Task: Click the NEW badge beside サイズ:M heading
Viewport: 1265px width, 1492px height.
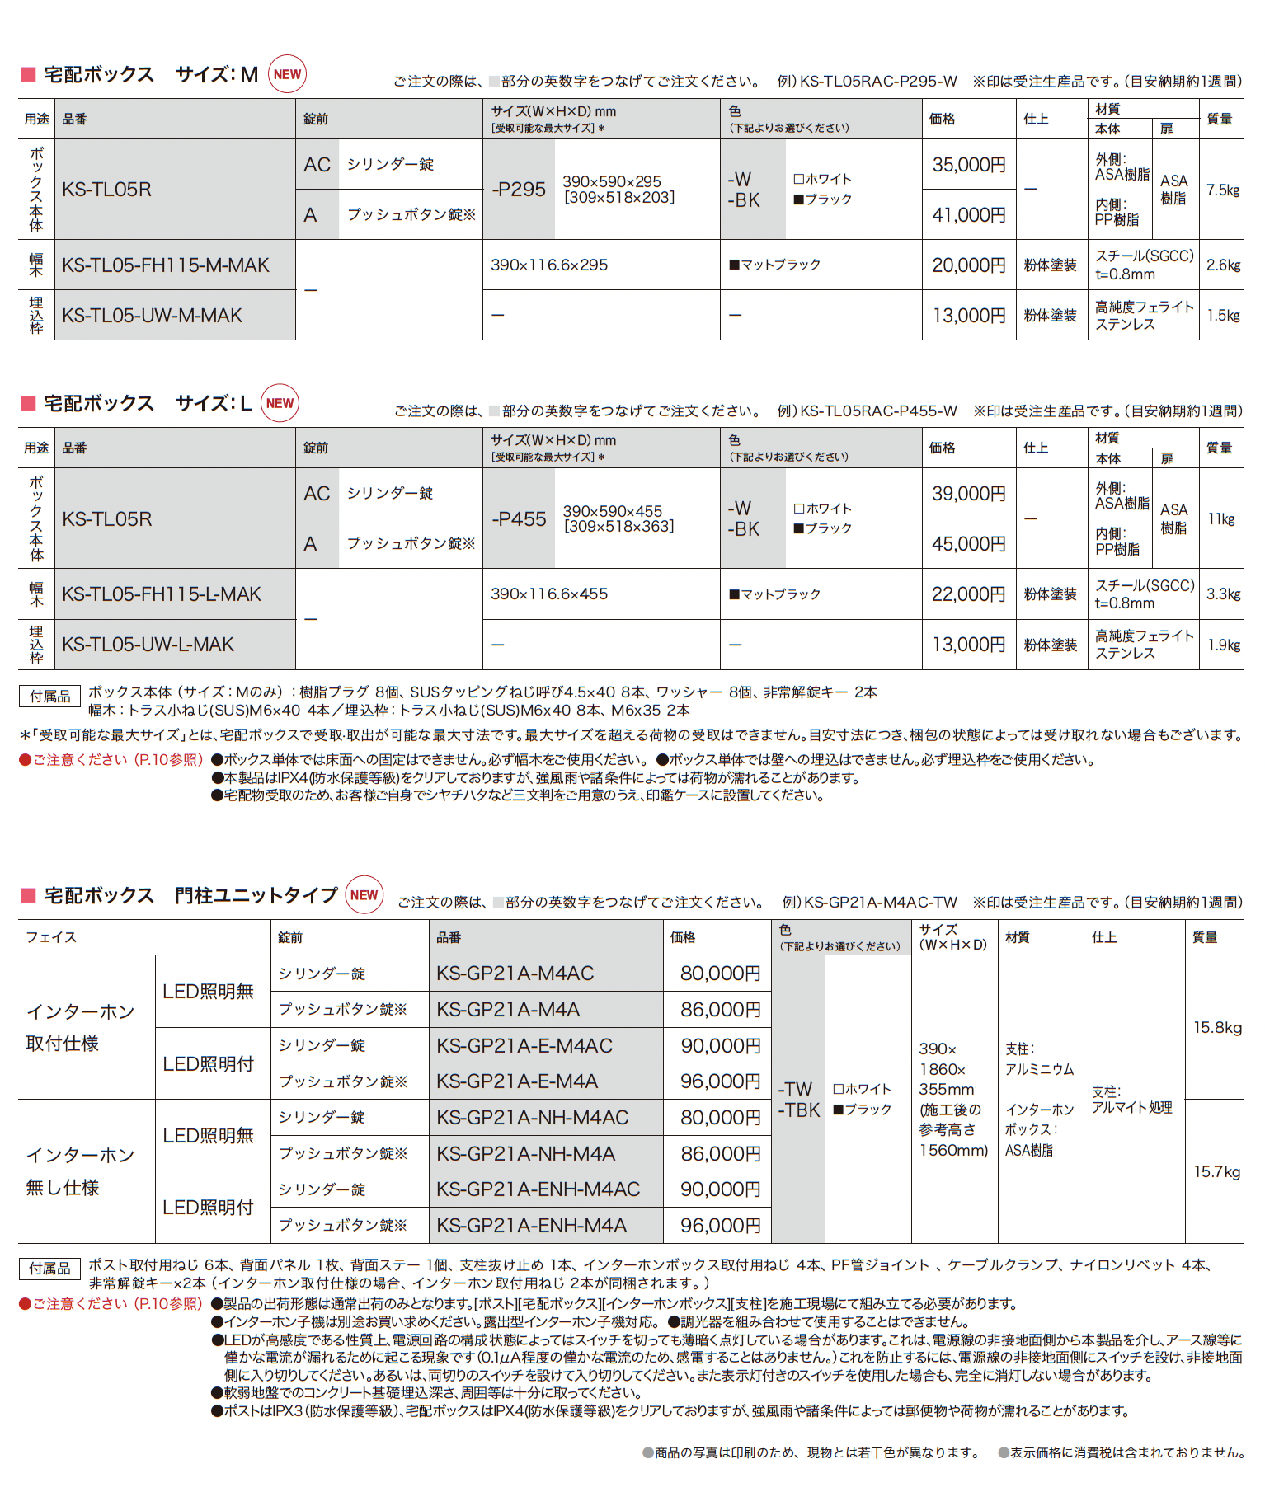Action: (x=287, y=74)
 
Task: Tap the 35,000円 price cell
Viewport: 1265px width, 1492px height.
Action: (x=969, y=165)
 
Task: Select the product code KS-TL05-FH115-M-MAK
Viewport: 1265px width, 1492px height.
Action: (x=166, y=265)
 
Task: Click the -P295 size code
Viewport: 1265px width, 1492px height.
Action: (x=519, y=190)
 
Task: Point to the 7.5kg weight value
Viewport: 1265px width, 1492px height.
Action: (x=1223, y=190)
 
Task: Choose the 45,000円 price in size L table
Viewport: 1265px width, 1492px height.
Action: (x=969, y=544)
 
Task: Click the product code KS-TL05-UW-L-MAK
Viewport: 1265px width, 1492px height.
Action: (x=148, y=645)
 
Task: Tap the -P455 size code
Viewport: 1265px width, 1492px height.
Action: (x=520, y=519)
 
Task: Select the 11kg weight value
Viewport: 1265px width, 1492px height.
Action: (x=1221, y=519)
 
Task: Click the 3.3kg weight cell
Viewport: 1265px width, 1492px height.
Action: (x=1223, y=594)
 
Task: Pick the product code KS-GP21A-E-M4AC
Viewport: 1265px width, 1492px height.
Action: (x=524, y=1046)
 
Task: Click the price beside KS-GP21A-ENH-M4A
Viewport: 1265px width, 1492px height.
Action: (x=720, y=1226)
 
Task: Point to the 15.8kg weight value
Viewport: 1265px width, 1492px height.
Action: (x=1217, y=1028)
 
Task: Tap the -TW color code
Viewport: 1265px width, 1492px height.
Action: (x=795, y=1089)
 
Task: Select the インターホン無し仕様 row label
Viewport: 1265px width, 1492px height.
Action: (x=80, y=1171)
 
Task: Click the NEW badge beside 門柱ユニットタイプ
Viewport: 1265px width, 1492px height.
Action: (x=364, y=895)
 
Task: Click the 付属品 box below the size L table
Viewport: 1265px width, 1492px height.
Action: (x=50, y=697)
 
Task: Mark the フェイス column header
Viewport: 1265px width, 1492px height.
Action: (x=51, y=937)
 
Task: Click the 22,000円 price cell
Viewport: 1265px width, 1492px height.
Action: (x=969, y=594)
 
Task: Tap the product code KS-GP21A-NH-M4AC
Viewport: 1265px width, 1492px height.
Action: (x=533, y=1118)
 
